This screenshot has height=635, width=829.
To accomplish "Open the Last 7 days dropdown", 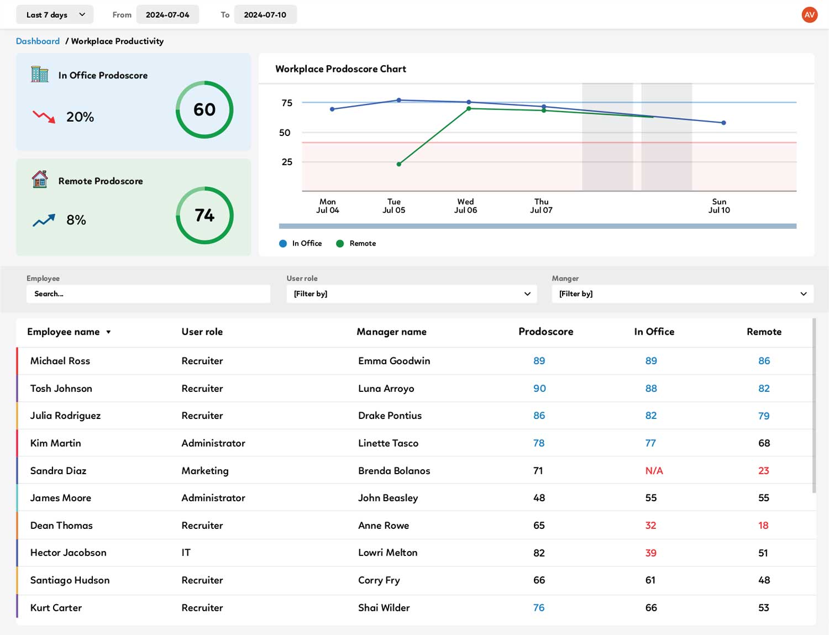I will (x=54, y=15).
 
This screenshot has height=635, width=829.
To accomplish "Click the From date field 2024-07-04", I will (x=167, y=15).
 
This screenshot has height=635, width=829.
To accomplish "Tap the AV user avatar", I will (x=809, y=15).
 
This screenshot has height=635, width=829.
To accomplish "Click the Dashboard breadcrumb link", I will (x=38, y=41).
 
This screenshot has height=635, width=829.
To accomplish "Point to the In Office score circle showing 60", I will (x=204, y=109).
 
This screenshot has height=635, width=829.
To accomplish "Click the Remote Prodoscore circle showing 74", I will (x=204, y=215).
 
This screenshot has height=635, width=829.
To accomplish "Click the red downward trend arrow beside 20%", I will (x=44, y=117).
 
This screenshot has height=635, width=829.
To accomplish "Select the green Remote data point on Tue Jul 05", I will (x=399, y=164).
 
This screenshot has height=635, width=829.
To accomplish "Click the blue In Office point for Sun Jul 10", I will (x=723, y=123).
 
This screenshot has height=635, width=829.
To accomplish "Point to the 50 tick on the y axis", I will (x=285, y=133).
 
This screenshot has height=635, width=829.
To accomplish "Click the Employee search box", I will (x=148, y=294).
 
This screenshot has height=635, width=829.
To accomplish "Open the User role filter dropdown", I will (x=411, y=294).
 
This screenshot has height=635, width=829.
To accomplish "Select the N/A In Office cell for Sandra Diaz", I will (x=654, y=471).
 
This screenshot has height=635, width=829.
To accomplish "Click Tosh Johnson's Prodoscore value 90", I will (x=539, y=389).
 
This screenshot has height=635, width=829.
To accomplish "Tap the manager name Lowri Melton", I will (x=387, y=553).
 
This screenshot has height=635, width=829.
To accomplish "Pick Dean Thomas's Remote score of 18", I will (x=763, y=526).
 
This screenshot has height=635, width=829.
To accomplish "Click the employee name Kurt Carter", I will (x=56, y=608).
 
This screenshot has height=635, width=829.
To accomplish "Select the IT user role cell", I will (x=186, y=553).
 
